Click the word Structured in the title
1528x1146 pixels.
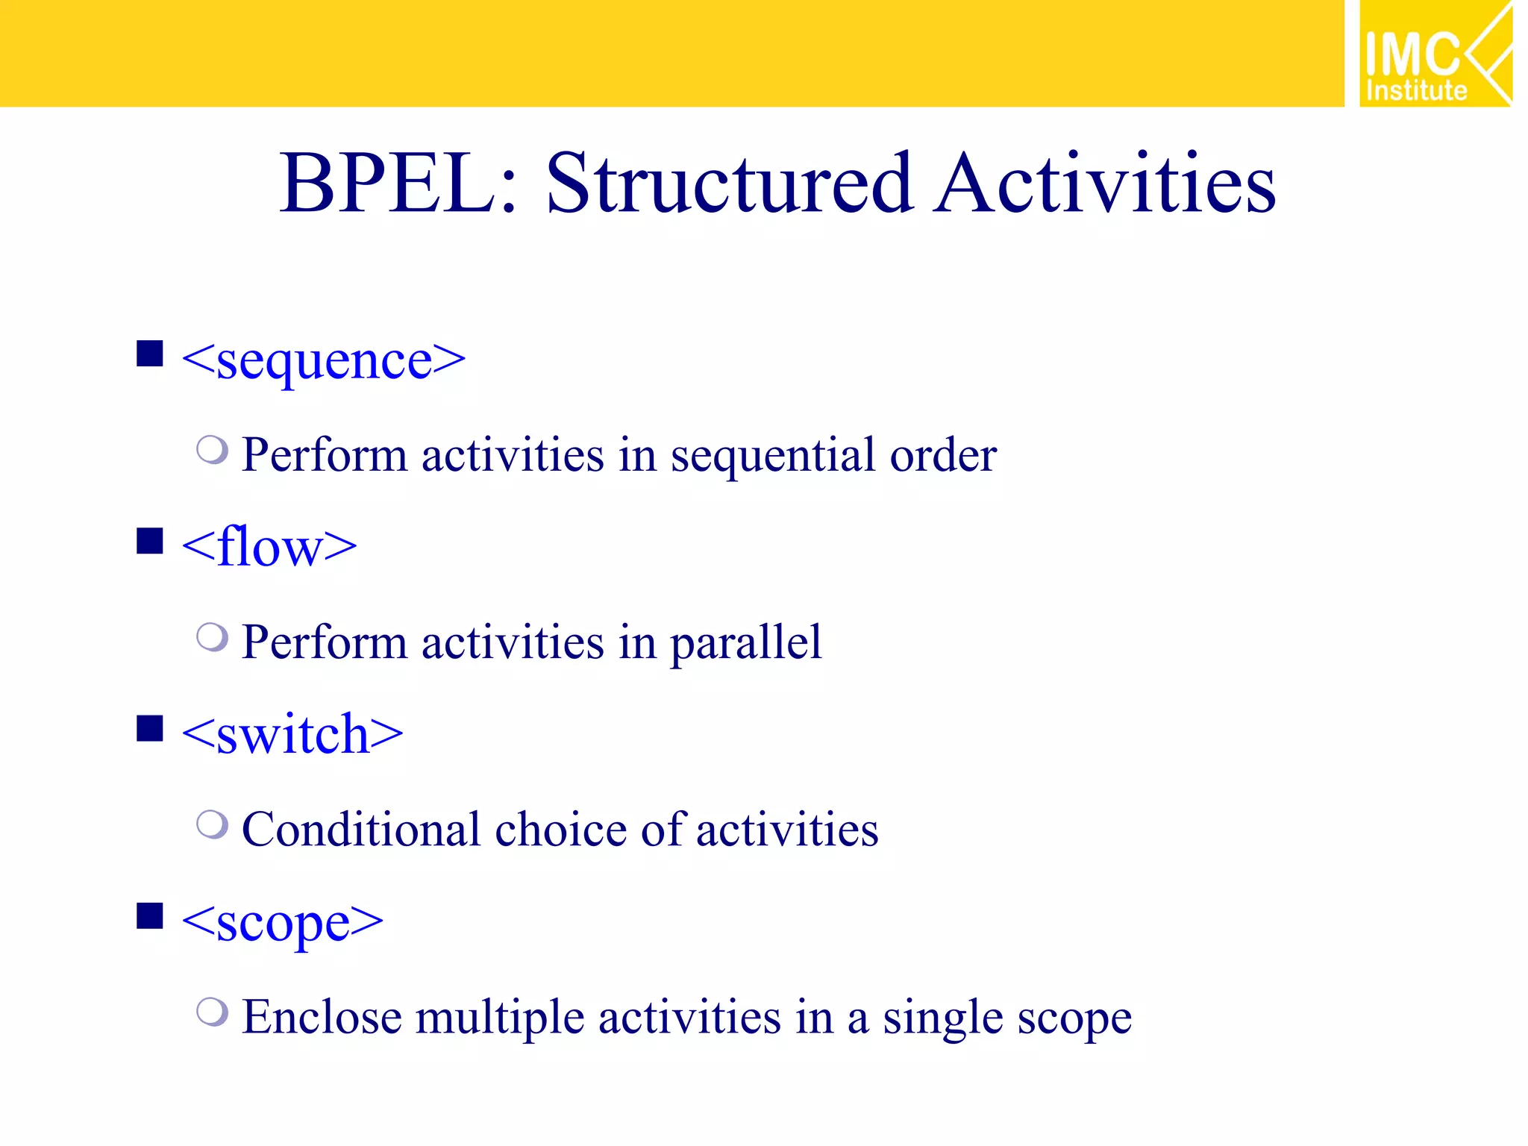click(x=728, y=184)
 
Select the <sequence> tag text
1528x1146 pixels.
click(x=323, y=361)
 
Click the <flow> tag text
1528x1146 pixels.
click(x=269, y=548)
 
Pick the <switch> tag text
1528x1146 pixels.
click(x=292, y=735)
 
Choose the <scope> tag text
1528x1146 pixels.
click(x=282, y=923)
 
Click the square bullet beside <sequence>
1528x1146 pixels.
click(x=150, y=354)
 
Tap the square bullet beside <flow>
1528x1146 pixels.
click(x=150, y=541)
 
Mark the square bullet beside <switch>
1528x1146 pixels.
click(x=150, y=728)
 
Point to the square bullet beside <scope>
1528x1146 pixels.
click(x=150, y=915)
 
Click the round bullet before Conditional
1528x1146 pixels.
click(x=212, y=824)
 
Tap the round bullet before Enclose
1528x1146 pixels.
click(x=212, y=1012)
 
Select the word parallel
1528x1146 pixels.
click(x=745, y=644)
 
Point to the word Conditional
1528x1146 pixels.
click(x=361, y=830)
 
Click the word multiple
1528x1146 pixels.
click(x=499, y=1018)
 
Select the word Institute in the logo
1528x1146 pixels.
click(x=1416, y=91)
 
